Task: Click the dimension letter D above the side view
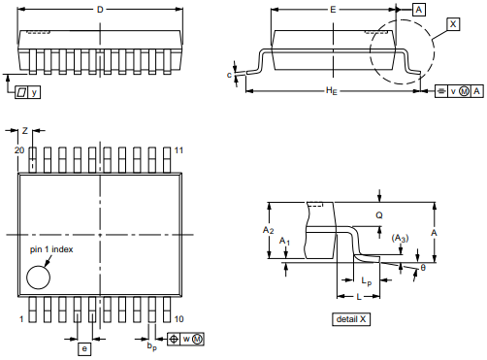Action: coord(100,10)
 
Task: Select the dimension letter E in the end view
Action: coord(333,10)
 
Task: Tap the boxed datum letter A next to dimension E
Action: coord(419,10)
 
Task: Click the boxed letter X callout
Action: coord(453,24)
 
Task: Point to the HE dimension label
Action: coord(332,90)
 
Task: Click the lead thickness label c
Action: coord(229,75)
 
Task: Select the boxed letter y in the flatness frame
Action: coord(34,92)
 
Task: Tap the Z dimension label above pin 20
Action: coord(25,131)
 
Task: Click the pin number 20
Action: coord(19,150)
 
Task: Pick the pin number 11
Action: coord(179,150)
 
